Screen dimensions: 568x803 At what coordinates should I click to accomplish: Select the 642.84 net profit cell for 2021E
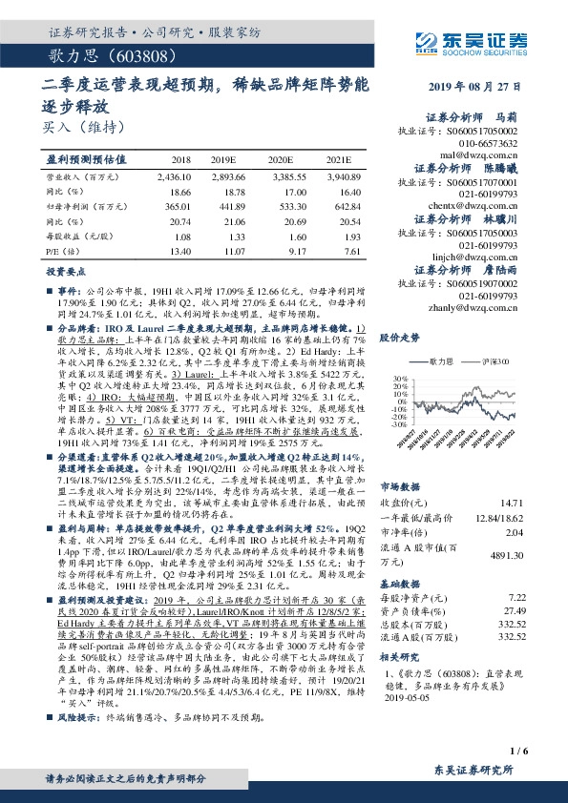(x=344, y=205)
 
